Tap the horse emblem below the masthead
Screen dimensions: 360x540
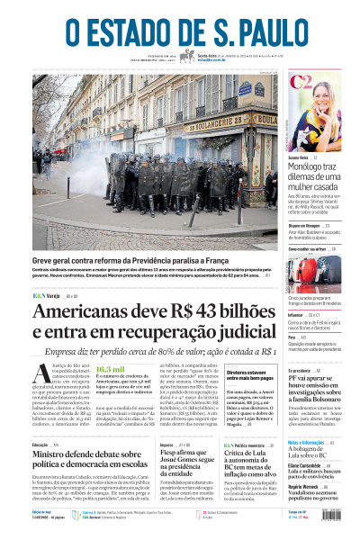tap(187, 57)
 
